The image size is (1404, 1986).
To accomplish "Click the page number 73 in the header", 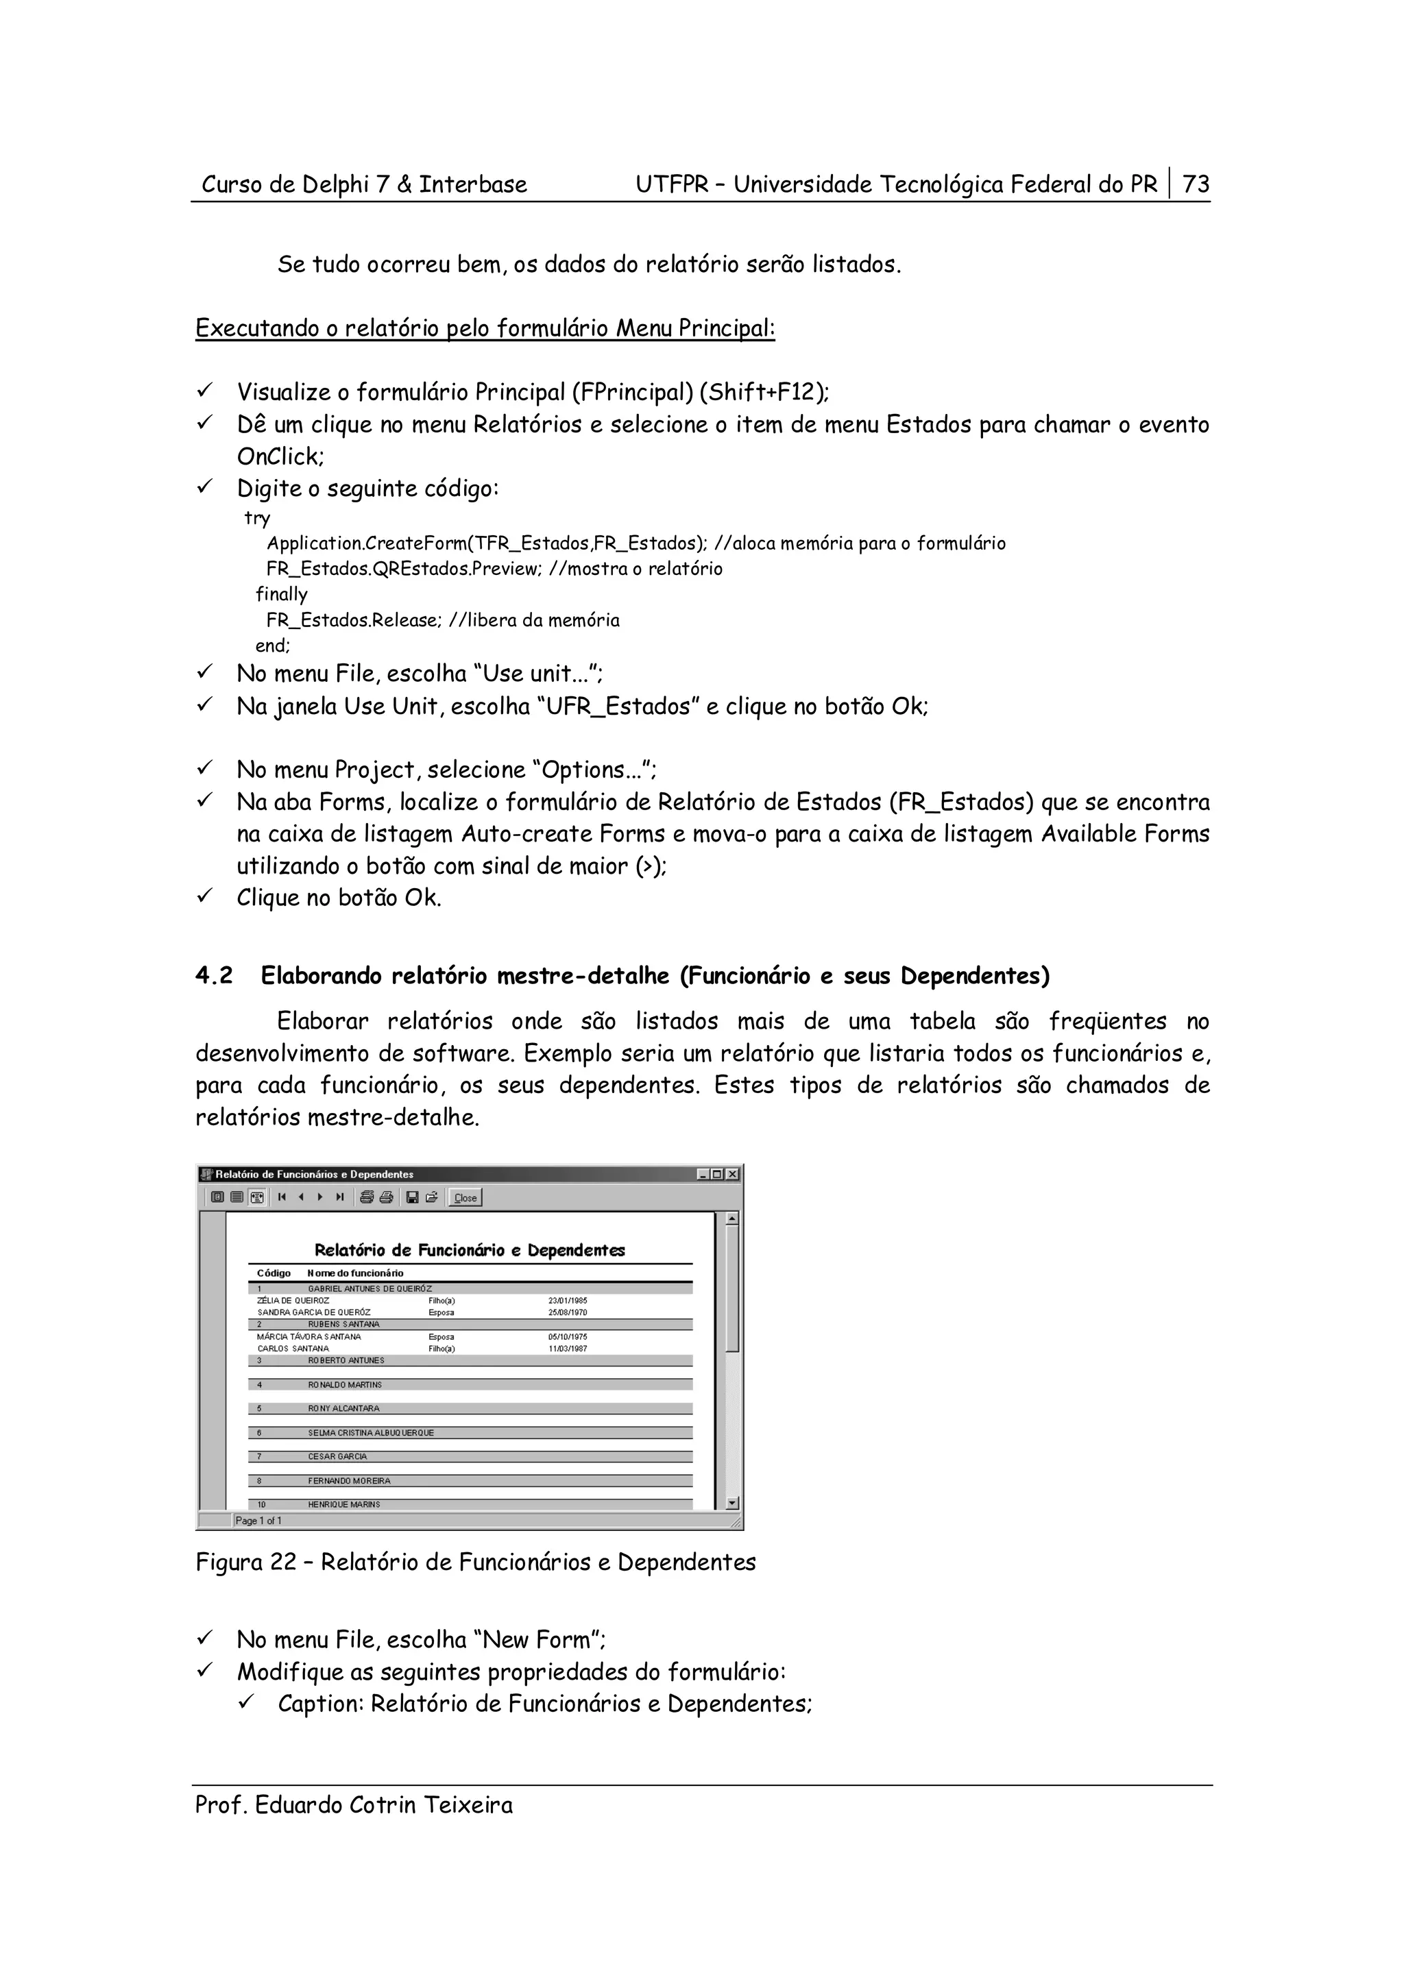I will [x=1196, y=184].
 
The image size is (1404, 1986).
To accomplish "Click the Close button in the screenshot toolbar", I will [x=465, y=1198].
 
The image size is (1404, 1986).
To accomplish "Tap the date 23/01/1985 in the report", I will [x=568, y=1300].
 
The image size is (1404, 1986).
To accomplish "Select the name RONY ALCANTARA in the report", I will [x=343, y=1408].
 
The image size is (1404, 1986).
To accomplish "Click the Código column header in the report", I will [x=274, y=1273].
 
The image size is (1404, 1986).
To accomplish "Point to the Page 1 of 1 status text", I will [x=258, y=1520].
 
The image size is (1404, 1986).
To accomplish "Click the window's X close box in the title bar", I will [x=733, y=1174].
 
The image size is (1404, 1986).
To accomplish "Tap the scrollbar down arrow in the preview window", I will [x=732, y=1504].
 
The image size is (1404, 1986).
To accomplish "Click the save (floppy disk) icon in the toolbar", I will [x=413, y=1198].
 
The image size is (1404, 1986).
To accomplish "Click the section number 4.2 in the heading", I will [x=214, y=976].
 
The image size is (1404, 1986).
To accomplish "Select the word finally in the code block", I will [x=281, y=594].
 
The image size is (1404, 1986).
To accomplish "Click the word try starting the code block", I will [x=257, y=518].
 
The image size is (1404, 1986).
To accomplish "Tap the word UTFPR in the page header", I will [x=672, y=184].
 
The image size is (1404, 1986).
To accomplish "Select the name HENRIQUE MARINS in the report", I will [x=343, y=1504].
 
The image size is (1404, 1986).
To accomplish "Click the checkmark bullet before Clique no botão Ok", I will [x=205, y=897].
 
